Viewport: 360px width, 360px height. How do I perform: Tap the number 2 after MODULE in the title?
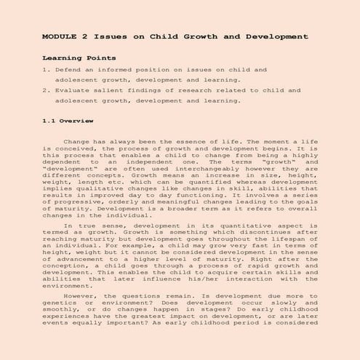(85, 35)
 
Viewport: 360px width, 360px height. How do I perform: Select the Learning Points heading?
(79, 57)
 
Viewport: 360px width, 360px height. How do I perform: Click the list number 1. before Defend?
(46, 71)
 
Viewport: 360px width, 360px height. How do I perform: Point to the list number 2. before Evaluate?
(46, 91)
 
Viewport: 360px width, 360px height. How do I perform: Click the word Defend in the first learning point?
(67, 71)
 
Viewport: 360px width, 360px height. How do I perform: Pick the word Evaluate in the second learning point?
(72, 91)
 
